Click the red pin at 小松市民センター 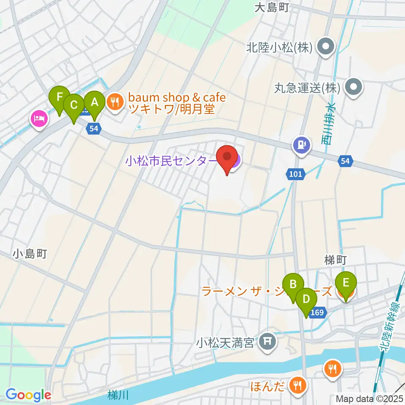pyautogui.click(x=227, y=157)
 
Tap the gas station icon pyautogui.click(x=302, y=145)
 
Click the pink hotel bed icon pyautogui.click(x=39, y=118)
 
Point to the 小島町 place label pyautogui.click(x=29, y=254)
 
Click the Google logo pyautogui.click(x=28, y=395)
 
